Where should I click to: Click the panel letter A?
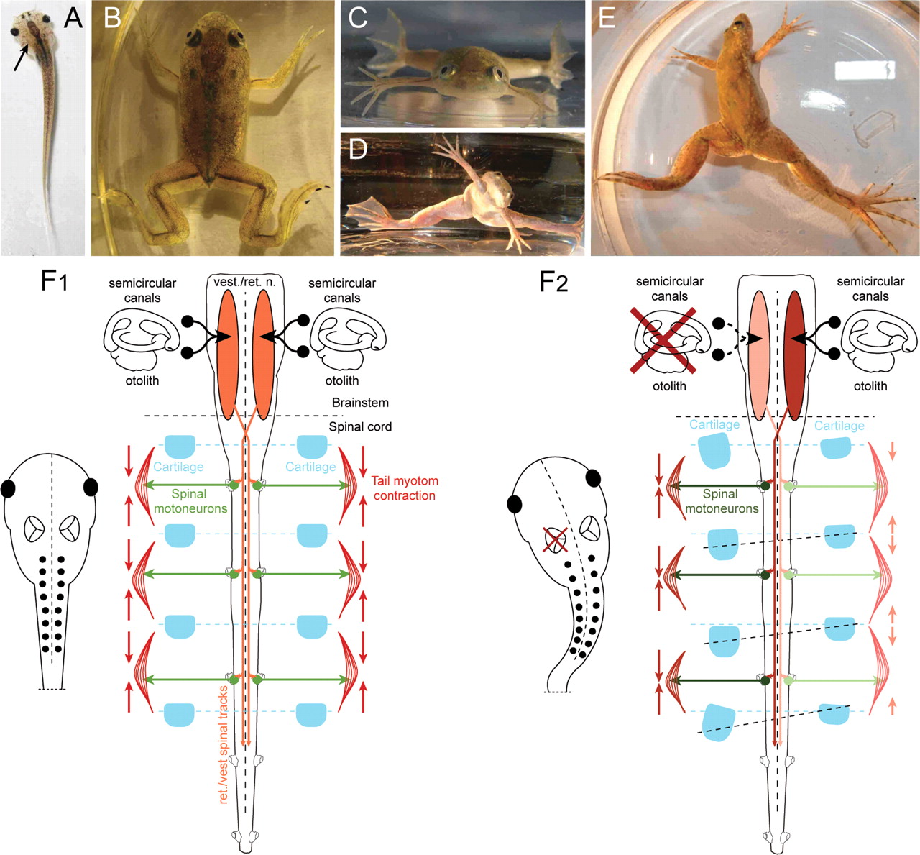point(73,17)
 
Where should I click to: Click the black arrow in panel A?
point(22,58)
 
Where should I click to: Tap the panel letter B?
point(112,18)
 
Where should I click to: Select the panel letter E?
point(607,18)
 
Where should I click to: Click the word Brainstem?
point(360,403)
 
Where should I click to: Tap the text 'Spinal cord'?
point(360,426)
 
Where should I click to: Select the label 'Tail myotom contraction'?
point(405,488)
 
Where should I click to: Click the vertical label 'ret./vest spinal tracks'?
point(224,744)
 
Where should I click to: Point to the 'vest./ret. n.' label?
point(244,283)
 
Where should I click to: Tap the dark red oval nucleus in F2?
point(794,355)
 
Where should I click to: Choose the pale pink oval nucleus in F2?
point(759,355)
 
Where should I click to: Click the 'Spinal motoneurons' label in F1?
point(190,501)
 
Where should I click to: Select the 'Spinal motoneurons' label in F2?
point(721,501)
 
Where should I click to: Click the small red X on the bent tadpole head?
point(554,539)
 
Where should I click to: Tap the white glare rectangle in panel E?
point(865,69)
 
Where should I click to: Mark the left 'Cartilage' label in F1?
point(178,467)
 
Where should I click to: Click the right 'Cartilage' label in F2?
point(839,426)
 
